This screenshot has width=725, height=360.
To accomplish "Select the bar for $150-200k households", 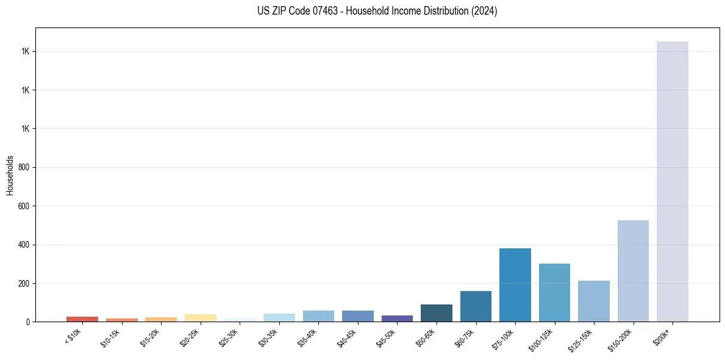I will point(633,271).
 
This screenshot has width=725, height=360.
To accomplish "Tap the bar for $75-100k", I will point(515,285).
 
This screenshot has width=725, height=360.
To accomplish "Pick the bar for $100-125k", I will point(554,293).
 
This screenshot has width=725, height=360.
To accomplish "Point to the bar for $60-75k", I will point(476,306).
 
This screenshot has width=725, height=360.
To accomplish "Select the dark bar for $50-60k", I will point(436,313).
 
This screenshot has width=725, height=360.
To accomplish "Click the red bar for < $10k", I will point(82,319).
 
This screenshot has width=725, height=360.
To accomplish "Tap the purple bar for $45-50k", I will point(397,319).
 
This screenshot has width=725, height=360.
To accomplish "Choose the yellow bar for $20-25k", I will point(200,318).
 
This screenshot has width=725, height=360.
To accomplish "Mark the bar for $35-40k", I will point(318,316).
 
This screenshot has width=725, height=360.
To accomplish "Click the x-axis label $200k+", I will point(662,336).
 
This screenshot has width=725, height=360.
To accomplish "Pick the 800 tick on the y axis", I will point(25,167).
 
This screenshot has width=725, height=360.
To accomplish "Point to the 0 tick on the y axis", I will point(29,322).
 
